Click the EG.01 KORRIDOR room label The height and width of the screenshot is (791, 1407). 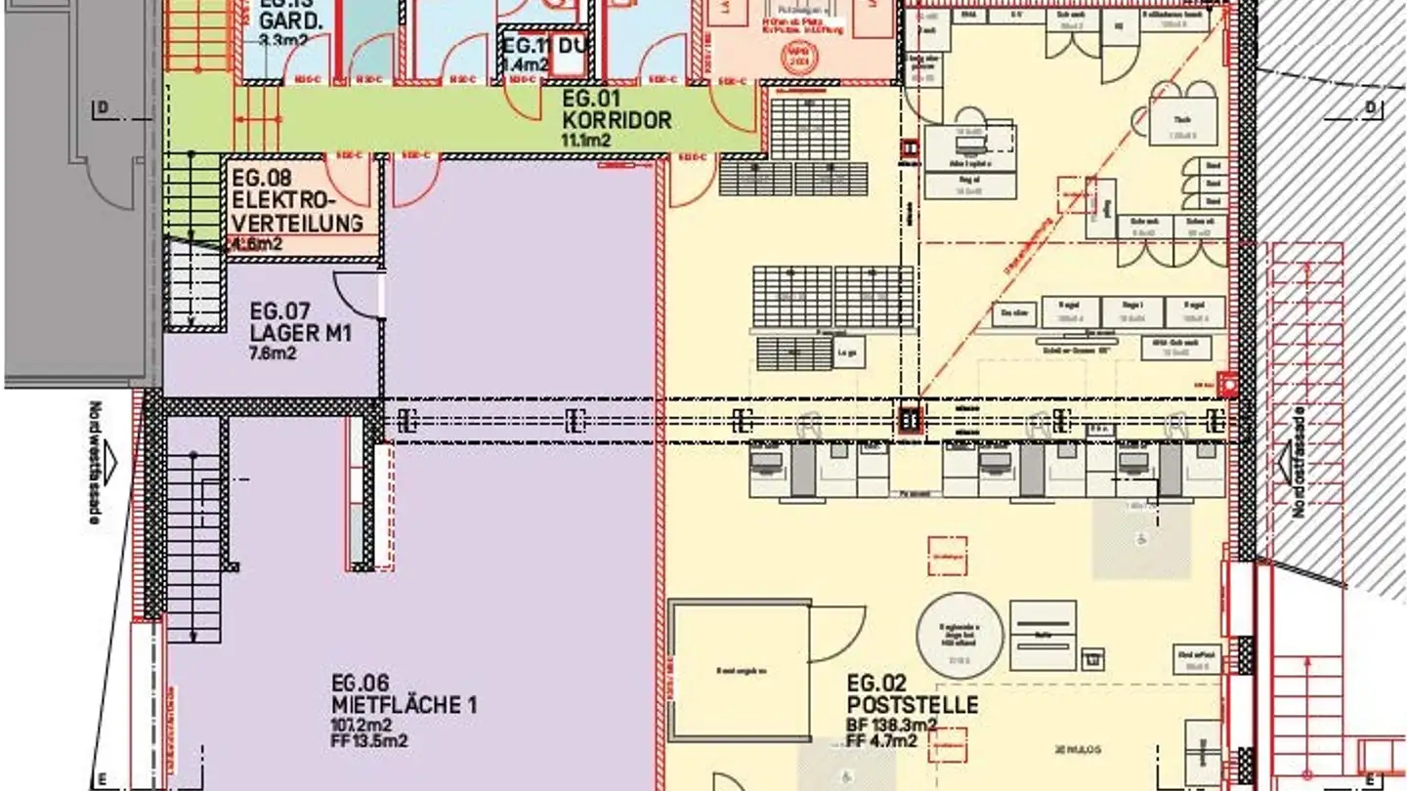616,110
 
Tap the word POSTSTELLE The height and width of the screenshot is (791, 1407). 913,705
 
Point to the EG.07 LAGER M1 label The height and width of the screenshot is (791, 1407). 300,323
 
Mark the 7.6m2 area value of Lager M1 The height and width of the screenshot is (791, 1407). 274,353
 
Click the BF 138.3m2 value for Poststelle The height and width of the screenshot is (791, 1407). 891,725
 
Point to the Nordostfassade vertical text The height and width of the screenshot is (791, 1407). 1298,462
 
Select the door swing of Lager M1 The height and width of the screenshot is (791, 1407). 360,294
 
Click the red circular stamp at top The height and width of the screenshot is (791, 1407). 799,54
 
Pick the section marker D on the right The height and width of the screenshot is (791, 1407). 1370,106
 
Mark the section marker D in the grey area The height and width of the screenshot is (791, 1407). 101,106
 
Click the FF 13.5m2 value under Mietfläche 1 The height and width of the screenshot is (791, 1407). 369,741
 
